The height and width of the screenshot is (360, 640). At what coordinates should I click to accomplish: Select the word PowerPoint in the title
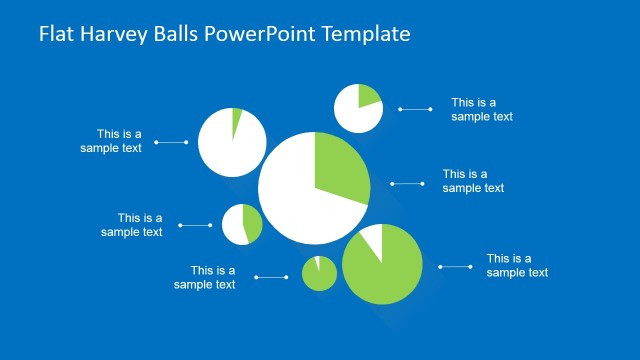(x=254, y=34)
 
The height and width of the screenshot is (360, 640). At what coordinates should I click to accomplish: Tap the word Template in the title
(x=364, y=34)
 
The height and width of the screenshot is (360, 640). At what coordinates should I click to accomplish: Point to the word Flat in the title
(x=55, y=34)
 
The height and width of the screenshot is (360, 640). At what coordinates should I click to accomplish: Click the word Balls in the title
(x=171, y=34)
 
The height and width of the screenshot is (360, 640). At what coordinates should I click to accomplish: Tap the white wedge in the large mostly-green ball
(x=373, y=240)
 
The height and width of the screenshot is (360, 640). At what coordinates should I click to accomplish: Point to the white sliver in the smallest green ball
(x=316, y=263)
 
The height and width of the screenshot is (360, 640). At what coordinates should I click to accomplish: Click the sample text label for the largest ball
(x=473, y=181)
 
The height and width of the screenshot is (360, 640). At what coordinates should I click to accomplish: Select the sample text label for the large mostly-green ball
(x=517, y=265)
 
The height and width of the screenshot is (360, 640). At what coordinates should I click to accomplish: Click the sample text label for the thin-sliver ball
(x=111, y=141)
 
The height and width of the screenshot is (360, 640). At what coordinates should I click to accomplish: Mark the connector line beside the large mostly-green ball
(x=455, y=266)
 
